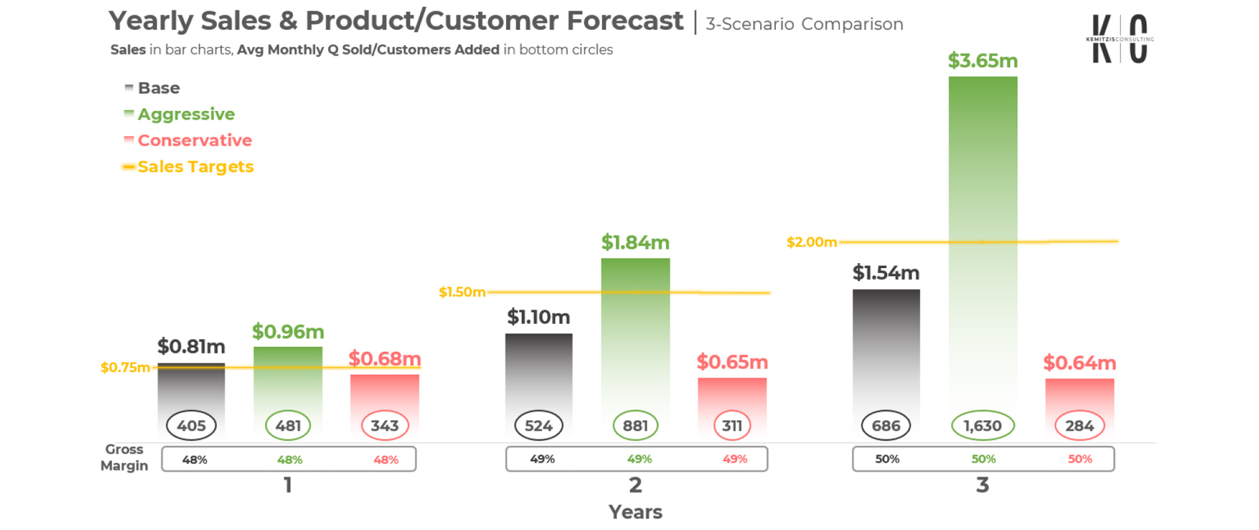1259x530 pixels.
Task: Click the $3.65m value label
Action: [982, 61]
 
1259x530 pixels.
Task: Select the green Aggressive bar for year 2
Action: [636, 336]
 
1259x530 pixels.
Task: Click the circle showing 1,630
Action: [982, 426]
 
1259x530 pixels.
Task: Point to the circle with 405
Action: [191, 426]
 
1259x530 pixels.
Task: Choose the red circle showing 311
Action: [732, 426]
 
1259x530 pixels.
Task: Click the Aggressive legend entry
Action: [186, 114]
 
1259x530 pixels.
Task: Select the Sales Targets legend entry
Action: [195, 167]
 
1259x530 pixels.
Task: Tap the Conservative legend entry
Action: [194, 140]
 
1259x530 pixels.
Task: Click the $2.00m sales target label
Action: [811, 242]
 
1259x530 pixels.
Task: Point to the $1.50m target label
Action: [461, 292]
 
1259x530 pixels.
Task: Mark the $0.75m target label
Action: [125, 368]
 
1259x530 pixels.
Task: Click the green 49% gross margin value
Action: [639, 459]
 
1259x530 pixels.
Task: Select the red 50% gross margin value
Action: [1079, 459]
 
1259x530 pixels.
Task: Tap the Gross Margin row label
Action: [124, 457]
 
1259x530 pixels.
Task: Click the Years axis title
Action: [635, 512]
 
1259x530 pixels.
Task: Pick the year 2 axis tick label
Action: [635, 485]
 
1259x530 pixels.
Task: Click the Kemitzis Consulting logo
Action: [1119, 39]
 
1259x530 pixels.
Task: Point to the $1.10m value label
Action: [538, 317]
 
